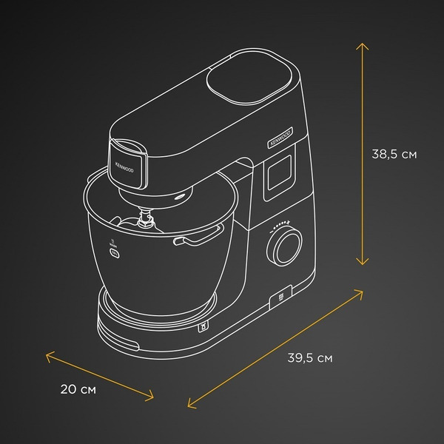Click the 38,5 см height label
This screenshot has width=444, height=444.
point(394,155)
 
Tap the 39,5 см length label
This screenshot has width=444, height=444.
point(310,358)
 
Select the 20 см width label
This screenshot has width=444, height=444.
point(78,389)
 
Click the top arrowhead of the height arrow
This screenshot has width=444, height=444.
point(362,46)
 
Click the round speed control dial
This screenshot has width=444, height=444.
point(284,246)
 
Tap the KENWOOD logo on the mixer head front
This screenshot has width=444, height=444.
point(124,167)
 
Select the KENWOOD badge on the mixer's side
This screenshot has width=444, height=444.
point(280,138)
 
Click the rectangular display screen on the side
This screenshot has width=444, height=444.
point(280,172)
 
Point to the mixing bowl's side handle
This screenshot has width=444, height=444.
point(199,236)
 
